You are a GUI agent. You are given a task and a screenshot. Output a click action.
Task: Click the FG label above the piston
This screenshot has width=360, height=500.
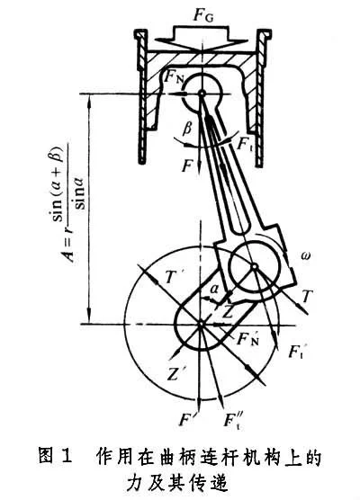point(203,15)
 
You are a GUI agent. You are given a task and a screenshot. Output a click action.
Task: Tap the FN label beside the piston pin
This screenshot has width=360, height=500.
point(175,78)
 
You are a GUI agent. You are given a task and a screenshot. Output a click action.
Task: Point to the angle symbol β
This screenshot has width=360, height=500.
point(187,129)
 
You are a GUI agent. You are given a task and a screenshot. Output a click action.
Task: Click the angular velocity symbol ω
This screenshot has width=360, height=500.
point(305,255)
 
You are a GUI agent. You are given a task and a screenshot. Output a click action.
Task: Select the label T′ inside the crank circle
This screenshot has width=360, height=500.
point(170,278)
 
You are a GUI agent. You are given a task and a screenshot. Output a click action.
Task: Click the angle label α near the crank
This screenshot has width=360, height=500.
point(215,290)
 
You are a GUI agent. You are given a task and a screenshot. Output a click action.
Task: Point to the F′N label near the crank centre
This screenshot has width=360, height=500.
point(247,339)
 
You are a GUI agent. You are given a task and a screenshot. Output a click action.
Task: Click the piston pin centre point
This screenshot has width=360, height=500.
point(202,94)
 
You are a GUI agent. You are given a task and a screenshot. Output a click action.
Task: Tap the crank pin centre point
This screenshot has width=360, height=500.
point(255,266)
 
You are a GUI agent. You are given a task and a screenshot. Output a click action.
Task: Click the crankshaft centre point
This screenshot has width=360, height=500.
point(201,325)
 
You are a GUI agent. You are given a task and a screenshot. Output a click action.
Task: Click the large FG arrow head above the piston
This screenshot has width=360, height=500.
point(202,45)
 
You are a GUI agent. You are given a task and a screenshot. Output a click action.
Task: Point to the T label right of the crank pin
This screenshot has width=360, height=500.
point(306,297)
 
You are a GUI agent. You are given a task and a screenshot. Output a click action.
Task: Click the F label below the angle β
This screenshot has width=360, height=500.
point(187,165)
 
